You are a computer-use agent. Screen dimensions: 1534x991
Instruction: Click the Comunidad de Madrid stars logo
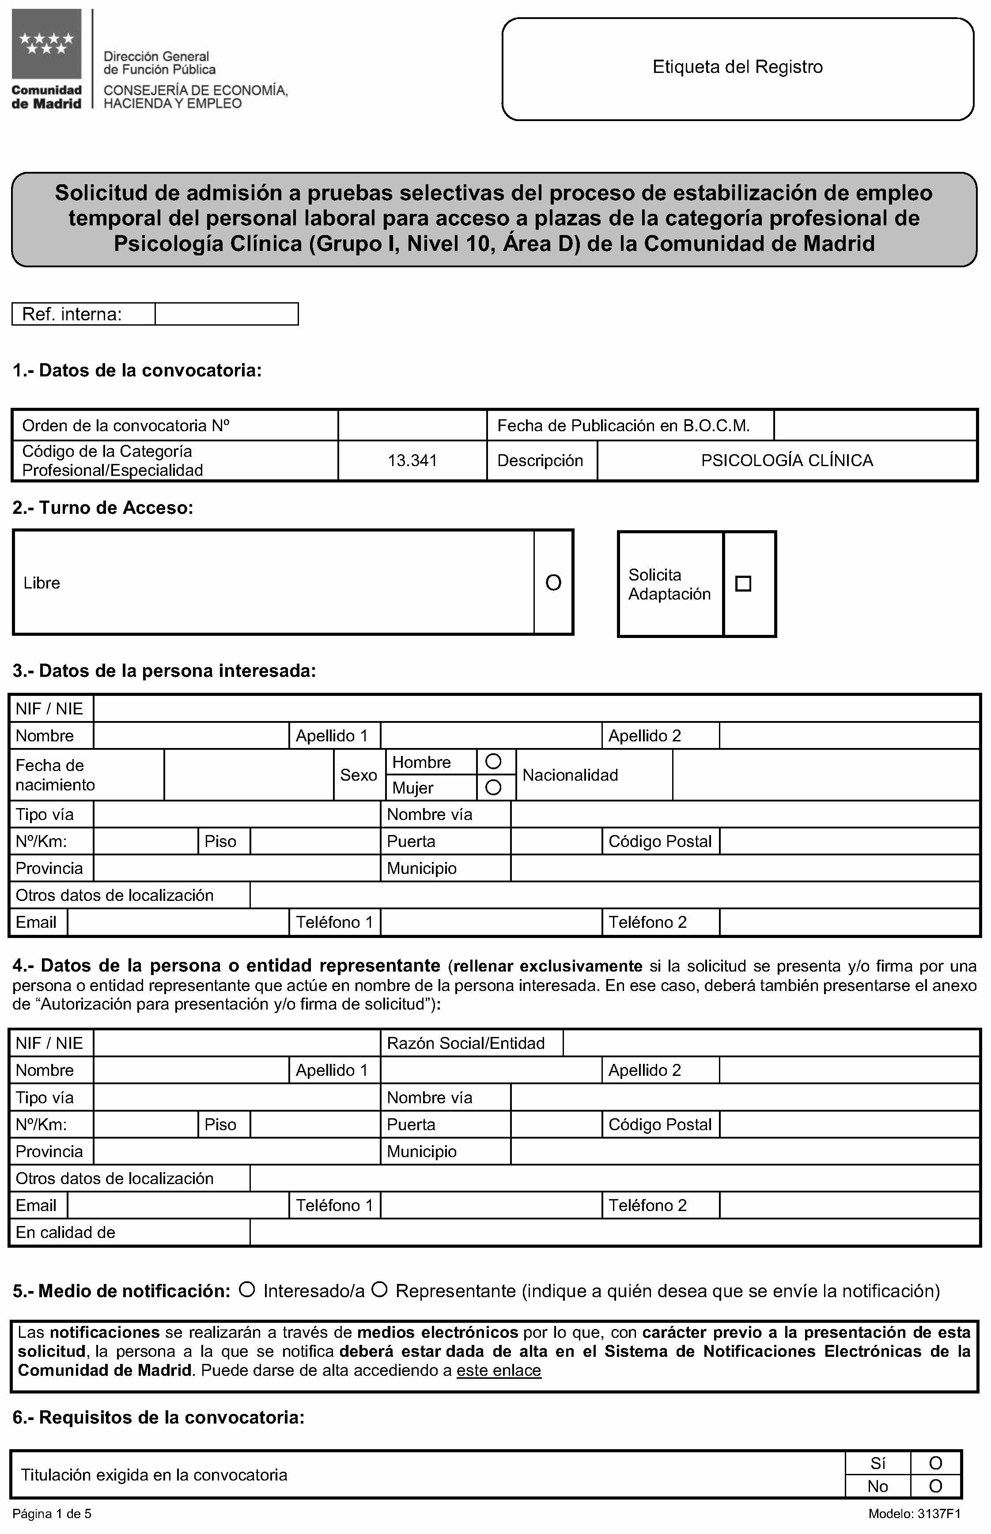point(46,44)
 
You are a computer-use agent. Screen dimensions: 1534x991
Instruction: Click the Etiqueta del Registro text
point(738,67)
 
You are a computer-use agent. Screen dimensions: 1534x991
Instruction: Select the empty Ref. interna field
point(227,314)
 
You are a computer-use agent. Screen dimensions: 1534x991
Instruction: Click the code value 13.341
point(412,460)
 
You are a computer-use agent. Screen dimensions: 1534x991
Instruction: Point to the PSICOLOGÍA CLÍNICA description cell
point(787,460)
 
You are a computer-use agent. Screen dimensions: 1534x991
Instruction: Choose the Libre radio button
point(553,583)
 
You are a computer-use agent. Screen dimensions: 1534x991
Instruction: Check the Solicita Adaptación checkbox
point(743,584)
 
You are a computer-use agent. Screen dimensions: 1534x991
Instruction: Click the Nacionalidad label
point(570,775)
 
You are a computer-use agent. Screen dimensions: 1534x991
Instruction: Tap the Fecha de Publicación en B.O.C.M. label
point(624,425)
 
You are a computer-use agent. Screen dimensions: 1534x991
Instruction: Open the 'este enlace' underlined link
point(499,1371)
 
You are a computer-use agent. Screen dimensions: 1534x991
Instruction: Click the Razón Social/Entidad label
point(466,1044)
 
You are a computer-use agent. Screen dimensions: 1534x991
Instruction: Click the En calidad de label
point(66,1232)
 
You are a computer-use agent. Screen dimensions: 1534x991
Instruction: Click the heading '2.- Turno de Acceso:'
point(103,508)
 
